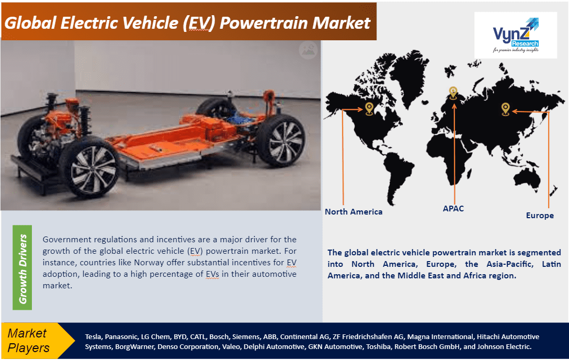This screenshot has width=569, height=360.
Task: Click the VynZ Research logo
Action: click(x=516, y=35)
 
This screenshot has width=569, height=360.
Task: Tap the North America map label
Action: click(x=354, y=212)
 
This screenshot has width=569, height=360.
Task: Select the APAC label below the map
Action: click(x=453, y=209)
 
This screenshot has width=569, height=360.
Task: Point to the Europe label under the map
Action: click(x=540, y=216)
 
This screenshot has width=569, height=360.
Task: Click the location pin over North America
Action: click(x=369, y=108)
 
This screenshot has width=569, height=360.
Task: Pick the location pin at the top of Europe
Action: click(x=453, y=93)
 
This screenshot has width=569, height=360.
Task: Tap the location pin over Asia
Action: click(x=506, y=109)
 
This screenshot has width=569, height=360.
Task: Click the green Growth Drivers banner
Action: click(x=22, y=267)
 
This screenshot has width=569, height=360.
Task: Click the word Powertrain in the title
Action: click(x=264, y=23)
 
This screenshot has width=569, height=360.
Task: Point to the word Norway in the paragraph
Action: click(x=149, y=262)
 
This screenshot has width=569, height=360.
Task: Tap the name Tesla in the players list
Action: click(x=93, y=337)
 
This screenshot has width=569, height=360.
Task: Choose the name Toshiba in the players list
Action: click(x=378, y=346)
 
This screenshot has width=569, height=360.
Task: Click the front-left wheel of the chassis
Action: click(x=89, y=168)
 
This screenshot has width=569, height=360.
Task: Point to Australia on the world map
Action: click(x=527, y=179)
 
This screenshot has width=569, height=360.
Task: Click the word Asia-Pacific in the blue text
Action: click(x=510, y=264)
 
